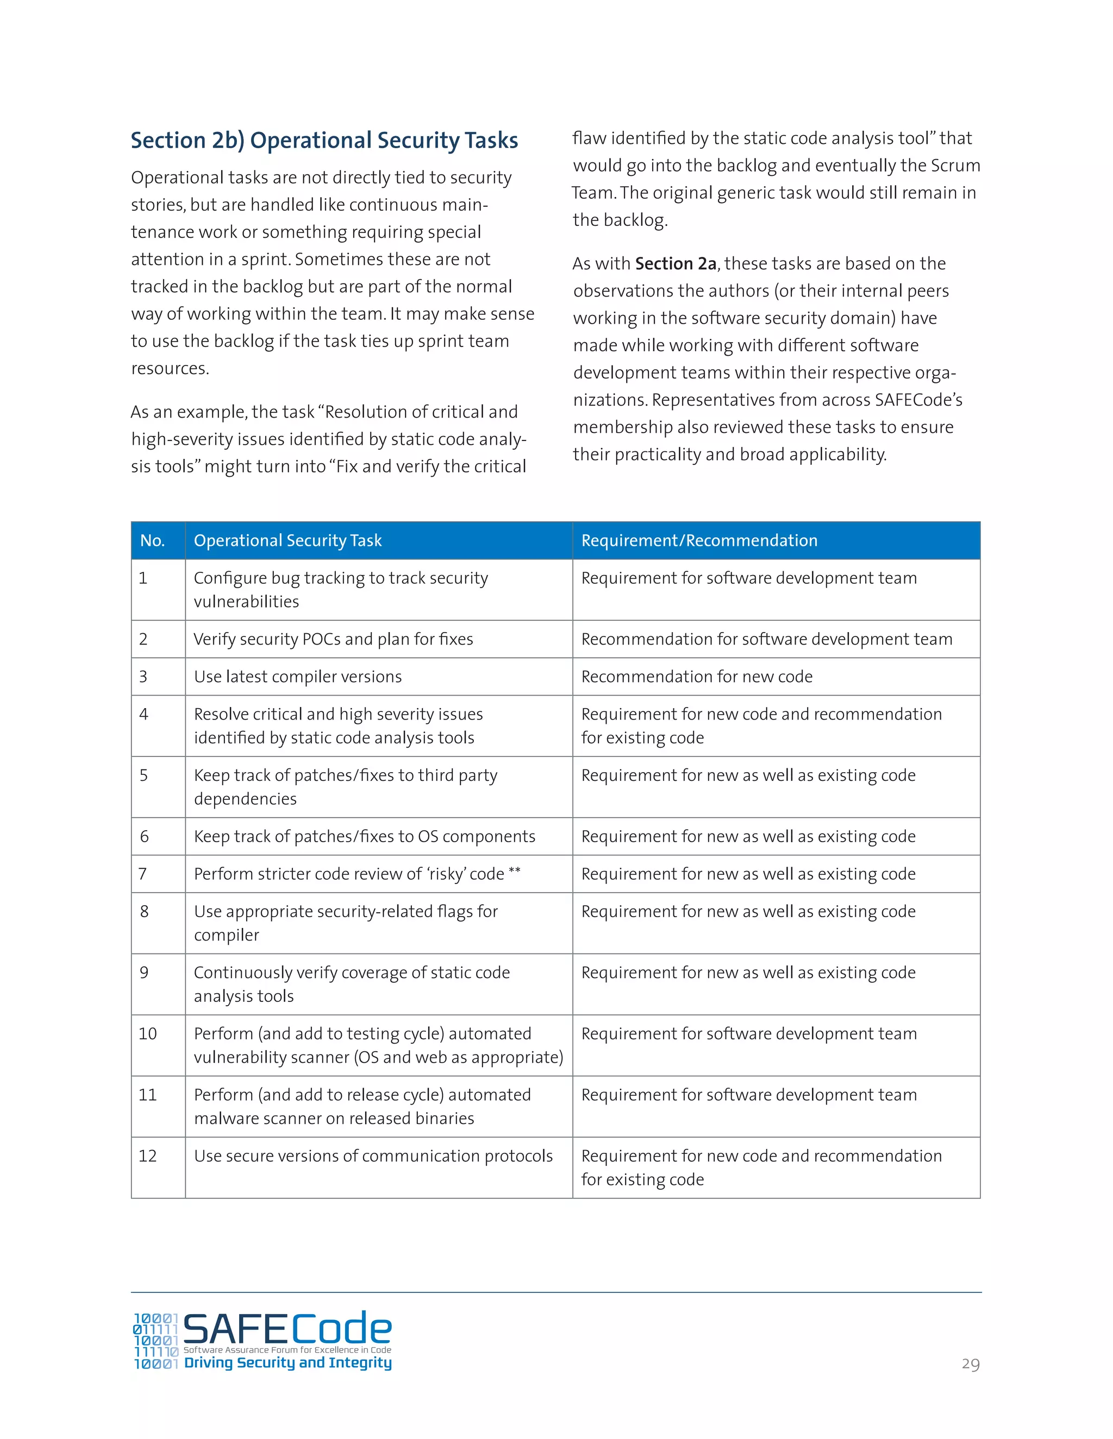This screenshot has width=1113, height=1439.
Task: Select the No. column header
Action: tap(152, 541)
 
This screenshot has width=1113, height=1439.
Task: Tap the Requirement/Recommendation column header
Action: tap(699, 541)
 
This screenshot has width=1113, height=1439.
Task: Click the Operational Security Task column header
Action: tap(287, 541)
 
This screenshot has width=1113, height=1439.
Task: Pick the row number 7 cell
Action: tap(143, 874)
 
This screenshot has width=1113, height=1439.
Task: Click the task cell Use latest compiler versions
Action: tap(297, 677)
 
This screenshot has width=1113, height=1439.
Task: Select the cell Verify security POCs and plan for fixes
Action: tap(333, 639)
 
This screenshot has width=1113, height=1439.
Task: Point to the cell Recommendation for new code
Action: tap(696, 677)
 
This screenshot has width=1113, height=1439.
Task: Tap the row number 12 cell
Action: tap(148, 1156)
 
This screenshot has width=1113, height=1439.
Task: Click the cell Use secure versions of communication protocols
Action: tap(373, 1156)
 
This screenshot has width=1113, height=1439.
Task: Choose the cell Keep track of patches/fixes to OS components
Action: tap(364, 837)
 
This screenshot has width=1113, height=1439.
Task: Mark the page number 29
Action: tap(970, 1364)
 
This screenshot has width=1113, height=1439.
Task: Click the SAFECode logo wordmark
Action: tap(287, 1328)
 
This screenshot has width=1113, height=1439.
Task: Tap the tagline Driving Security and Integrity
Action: tap(287, 1362)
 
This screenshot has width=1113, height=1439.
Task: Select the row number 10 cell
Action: tap(148, 1034)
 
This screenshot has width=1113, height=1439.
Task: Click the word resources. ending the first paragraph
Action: tap(170, 369)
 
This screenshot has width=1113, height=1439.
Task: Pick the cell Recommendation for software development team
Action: tap(766, 639)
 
